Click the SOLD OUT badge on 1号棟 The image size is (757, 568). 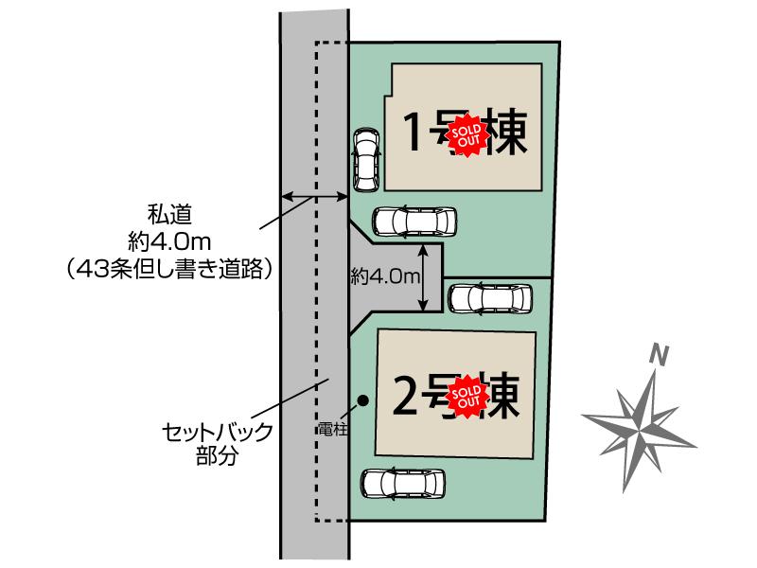pyautogui.click(x=466, y=134)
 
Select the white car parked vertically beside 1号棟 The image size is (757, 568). pyautogui.click(x=365, y=159)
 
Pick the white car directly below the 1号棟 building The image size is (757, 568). pyautogui.click(x=414, y=222)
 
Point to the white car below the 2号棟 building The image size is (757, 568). pyautogui.click(x=405, y=483)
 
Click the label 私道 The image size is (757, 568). pyautogui.click(x=172, y=214)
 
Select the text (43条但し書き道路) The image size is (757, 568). pyautogui.click(x=172, y=269)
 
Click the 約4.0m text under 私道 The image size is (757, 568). pyautogui.click(x=172, y=241)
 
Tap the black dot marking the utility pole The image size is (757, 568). pyautogui.click(x=362, y=401)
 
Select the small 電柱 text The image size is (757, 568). pyautogui.click(x=336, y=428)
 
